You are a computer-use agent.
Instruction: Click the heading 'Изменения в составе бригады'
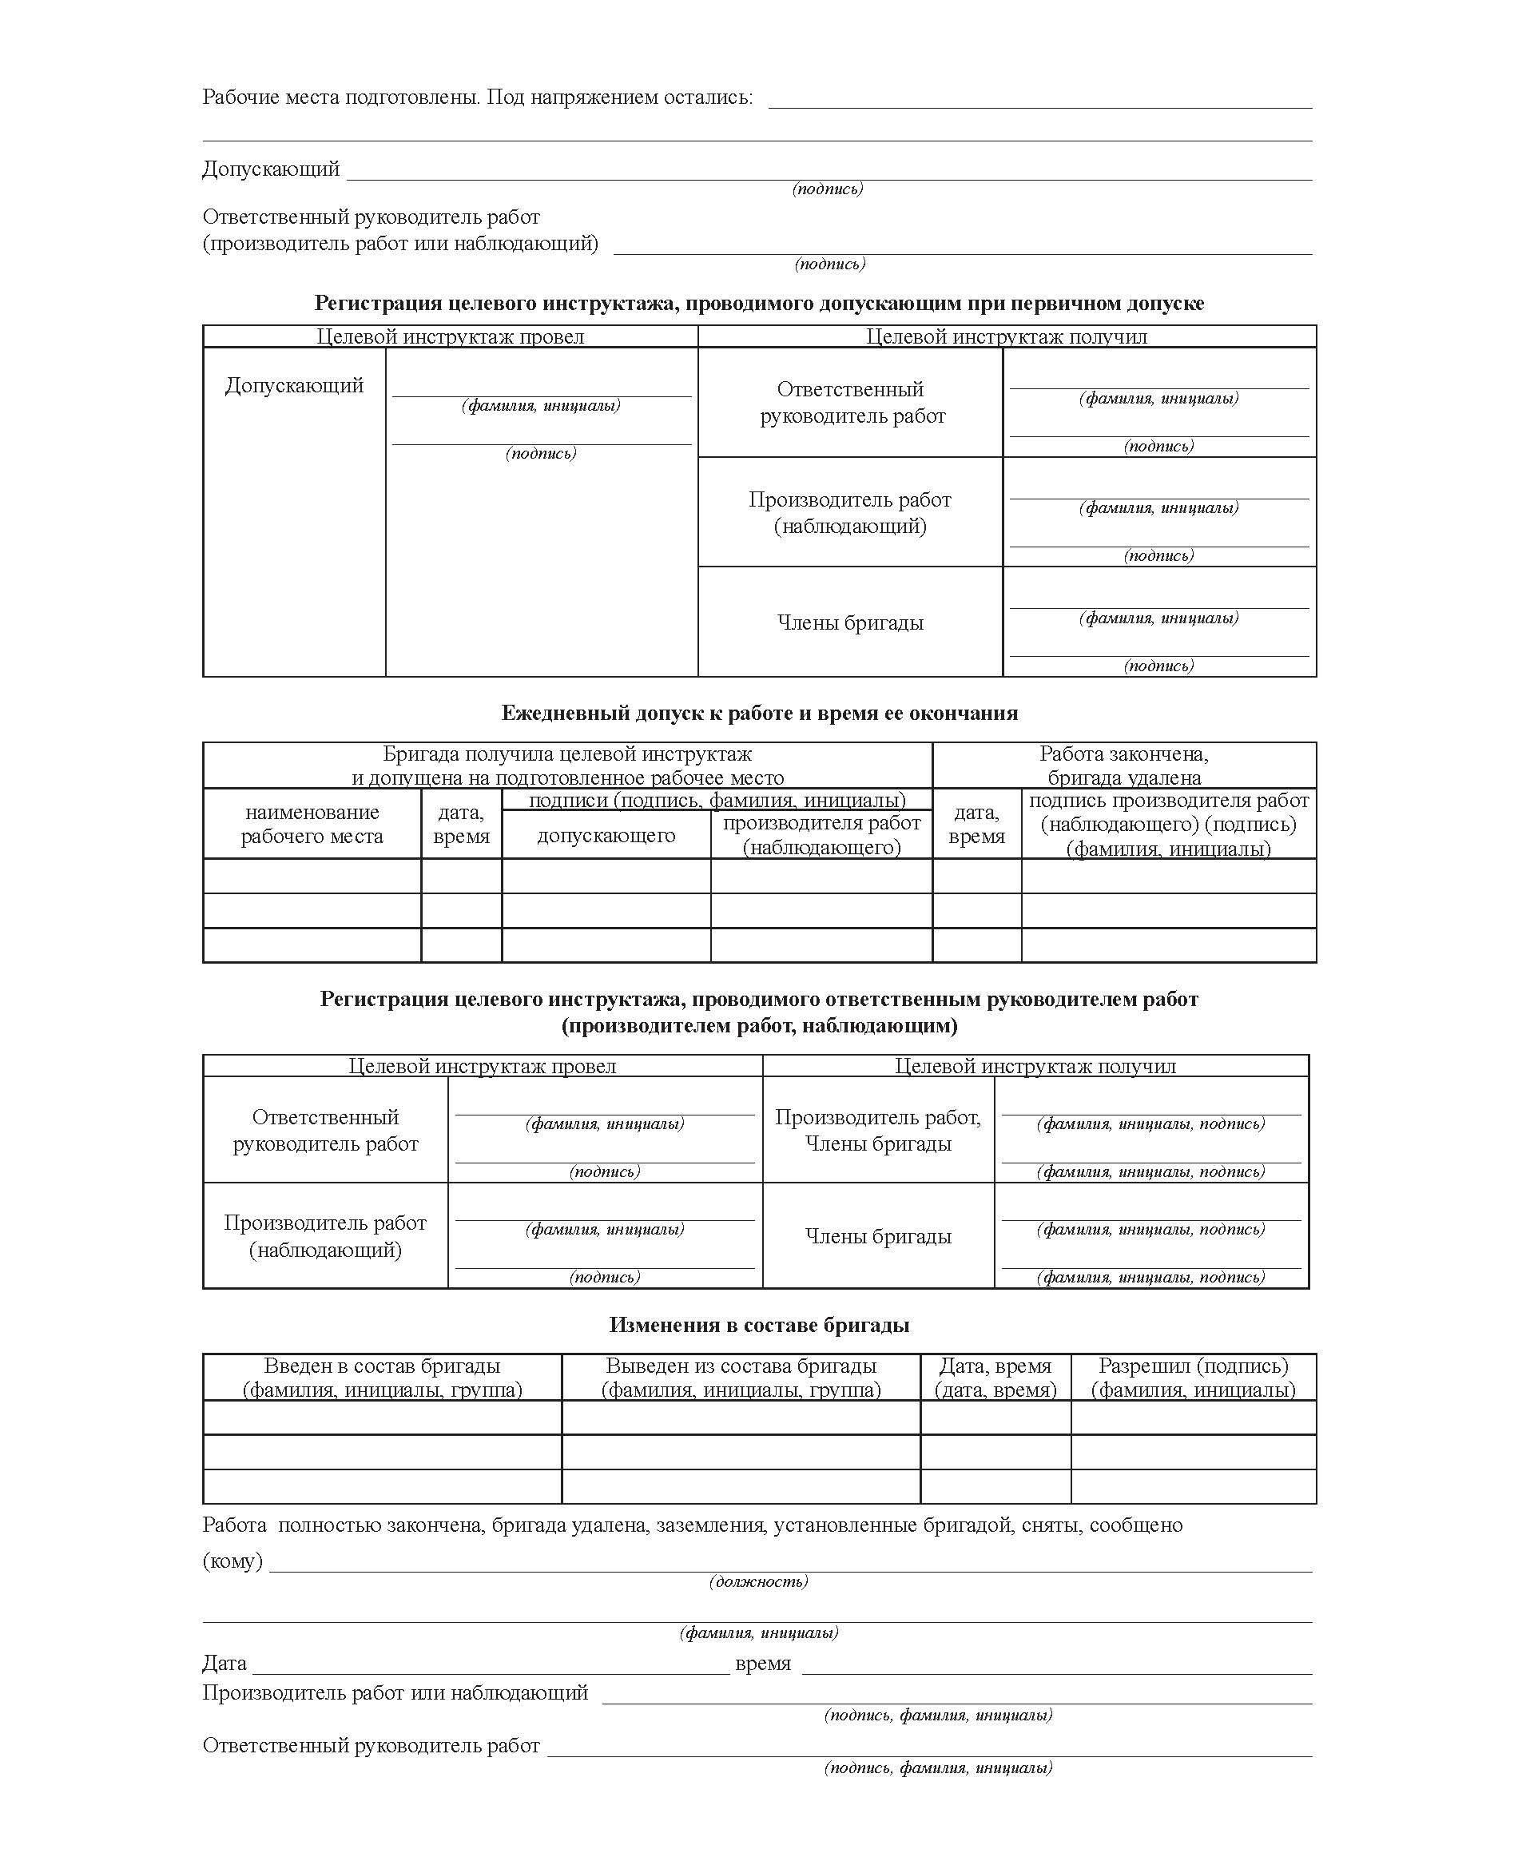[x=759, y=1325]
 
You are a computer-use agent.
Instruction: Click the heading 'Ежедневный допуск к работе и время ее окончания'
[x=759, y=713]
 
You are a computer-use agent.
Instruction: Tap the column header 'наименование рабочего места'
[x=312, y=823]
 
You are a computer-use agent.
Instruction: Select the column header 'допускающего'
[x=606, y=835]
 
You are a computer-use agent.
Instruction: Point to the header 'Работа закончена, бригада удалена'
[x=1123, y=765]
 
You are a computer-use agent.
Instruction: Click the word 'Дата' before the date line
[x=225, y=1663]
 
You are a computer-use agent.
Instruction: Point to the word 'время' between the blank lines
[x=762, y=1663]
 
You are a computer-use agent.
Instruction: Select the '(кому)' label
[x=232, y=1561]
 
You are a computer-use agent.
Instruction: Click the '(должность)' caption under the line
[x=758, y=1581]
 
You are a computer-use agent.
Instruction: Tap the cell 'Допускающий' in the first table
[x=294, y=384]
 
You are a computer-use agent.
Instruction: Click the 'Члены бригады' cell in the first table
[x=849, y=622]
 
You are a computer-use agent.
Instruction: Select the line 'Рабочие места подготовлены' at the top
[x=477, y=97]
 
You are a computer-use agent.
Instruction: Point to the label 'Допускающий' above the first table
[x=270, y=169]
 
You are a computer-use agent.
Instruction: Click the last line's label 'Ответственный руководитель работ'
[x=371, y=1745]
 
